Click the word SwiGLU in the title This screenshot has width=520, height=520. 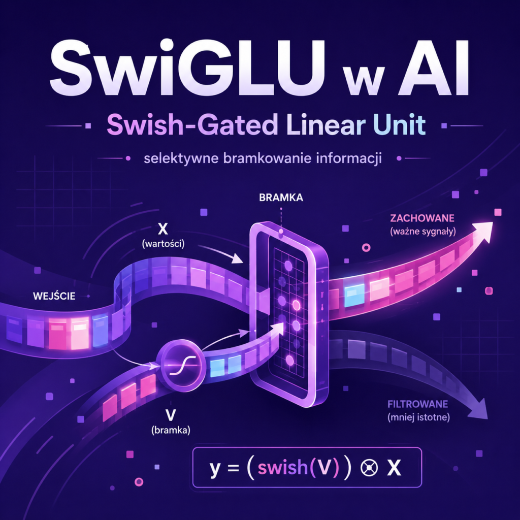[186, 68]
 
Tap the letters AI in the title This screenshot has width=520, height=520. [433, 68]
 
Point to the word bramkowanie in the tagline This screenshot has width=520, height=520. [267, 158]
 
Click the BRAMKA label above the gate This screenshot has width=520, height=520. [281, 198]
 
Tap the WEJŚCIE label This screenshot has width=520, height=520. [54, 296]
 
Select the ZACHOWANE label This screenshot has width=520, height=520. [422, 218]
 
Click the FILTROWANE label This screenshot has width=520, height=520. [417, 404]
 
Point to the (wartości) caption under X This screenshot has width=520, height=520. [163, 244]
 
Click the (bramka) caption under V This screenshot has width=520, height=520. [171, 431]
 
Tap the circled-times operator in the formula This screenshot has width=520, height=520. [369, 468]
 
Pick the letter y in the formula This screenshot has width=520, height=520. [215, 469]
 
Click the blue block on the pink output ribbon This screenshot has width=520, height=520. [354, 296]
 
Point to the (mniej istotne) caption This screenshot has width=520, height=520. [418, 417]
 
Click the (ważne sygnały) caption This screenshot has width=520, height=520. [423, 232]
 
